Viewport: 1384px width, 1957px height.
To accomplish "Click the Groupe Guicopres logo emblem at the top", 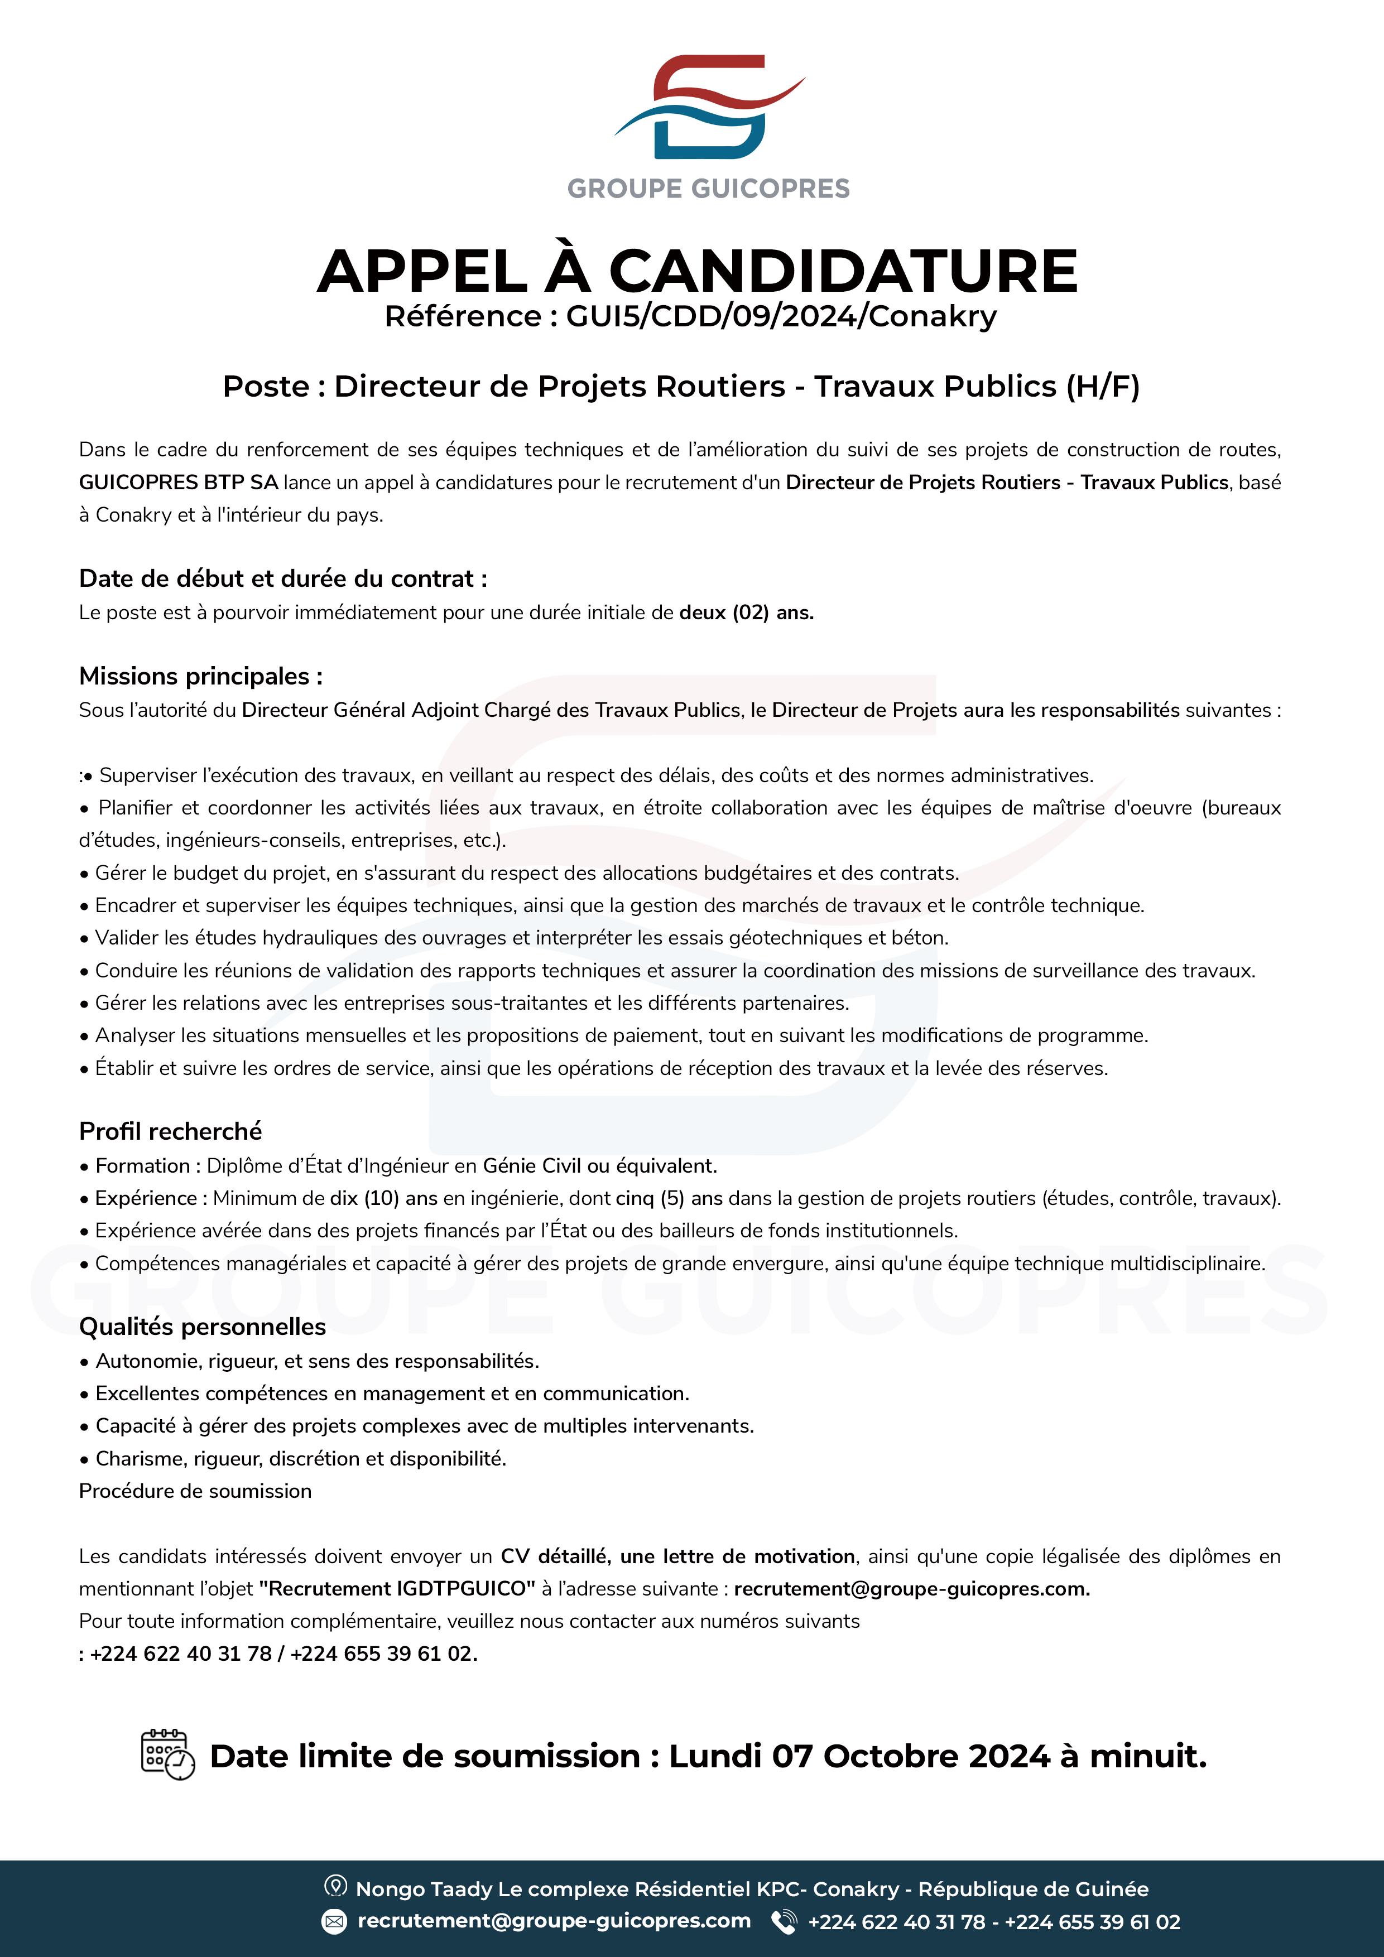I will [709, 108].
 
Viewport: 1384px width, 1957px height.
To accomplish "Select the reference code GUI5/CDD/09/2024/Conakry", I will [781, 316].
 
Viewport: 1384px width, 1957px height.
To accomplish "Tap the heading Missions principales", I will [200, 676].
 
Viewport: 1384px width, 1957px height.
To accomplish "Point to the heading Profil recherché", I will [171, 1131].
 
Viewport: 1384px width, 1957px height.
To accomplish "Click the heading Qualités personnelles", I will [202, 1326].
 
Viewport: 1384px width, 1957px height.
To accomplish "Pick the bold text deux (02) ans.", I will [746, 613].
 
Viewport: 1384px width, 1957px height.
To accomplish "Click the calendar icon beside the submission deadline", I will [167, 1754].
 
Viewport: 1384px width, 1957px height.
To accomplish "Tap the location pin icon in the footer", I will [335, 1886].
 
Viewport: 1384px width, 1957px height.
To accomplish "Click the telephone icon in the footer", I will [784, 1921].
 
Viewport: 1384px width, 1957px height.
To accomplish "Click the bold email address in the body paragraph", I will [911, 1589].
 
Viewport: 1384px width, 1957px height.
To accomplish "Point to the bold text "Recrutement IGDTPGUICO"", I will [397, 1589].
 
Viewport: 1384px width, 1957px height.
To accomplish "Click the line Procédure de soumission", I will [195, 1491].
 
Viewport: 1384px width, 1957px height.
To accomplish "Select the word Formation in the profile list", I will [142, 1165].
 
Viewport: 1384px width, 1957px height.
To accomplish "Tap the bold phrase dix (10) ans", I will [384, 1198].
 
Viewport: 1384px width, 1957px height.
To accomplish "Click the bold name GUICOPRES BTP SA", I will [178, 483].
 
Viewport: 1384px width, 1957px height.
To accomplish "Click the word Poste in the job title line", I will [265, 386].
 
